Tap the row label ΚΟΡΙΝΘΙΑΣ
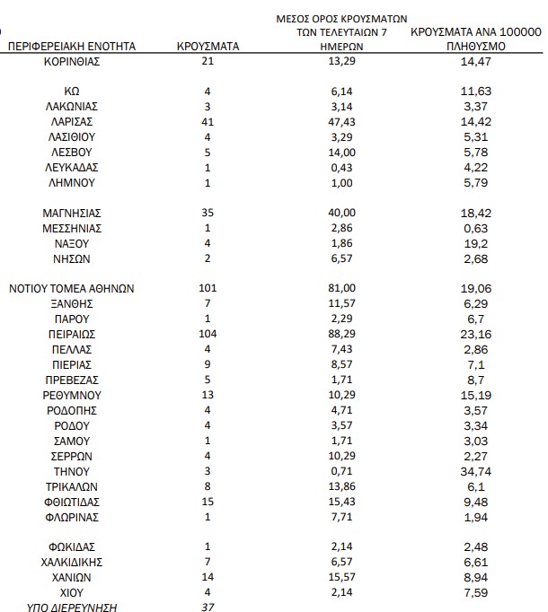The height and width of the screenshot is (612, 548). pyautogui.click(x=72, y=61)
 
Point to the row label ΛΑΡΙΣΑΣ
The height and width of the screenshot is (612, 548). pyautogui.click(x=72, y=121)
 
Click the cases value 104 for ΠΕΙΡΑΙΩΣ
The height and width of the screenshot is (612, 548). pyautogui.click(x=208, y=334)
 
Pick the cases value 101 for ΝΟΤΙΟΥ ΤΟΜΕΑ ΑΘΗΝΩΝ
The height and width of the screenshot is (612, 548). pyautogui.click(x=208, y=289)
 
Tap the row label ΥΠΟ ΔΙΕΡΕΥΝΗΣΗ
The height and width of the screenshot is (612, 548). pyautogui.click(x=72, y=608)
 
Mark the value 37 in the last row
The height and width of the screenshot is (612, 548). pyautogui.click(x=208, y=608)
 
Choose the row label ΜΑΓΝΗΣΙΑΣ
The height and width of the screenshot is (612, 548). pyautogui.click(x=72, y=214)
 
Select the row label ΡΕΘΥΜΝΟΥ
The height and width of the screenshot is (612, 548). pyautogui.click(x=72, y=395)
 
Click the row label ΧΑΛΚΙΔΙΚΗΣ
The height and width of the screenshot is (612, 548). pyautogui.click(x=72, y=562)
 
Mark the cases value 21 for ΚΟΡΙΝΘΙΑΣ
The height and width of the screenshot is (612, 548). pyautogui.click(x=208, y=61)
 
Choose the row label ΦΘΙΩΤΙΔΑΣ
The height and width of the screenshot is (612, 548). pyautogui.click(x=72, y=502)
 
